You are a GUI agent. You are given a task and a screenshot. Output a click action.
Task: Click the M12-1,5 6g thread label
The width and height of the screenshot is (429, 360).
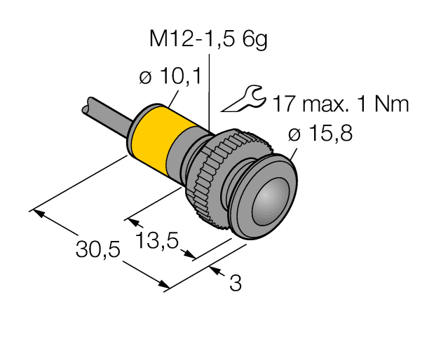point(208,40)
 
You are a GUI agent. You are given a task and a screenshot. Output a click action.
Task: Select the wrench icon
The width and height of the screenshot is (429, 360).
point(243,99)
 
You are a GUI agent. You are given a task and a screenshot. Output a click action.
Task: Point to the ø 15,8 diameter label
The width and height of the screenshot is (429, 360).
point(324,133)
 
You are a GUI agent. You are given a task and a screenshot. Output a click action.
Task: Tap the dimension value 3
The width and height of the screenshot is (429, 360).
point(236,284)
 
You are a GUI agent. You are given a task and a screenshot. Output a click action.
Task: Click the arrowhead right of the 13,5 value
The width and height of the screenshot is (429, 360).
point(189,255)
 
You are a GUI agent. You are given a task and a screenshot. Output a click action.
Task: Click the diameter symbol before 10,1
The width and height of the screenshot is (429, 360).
point(146,77)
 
